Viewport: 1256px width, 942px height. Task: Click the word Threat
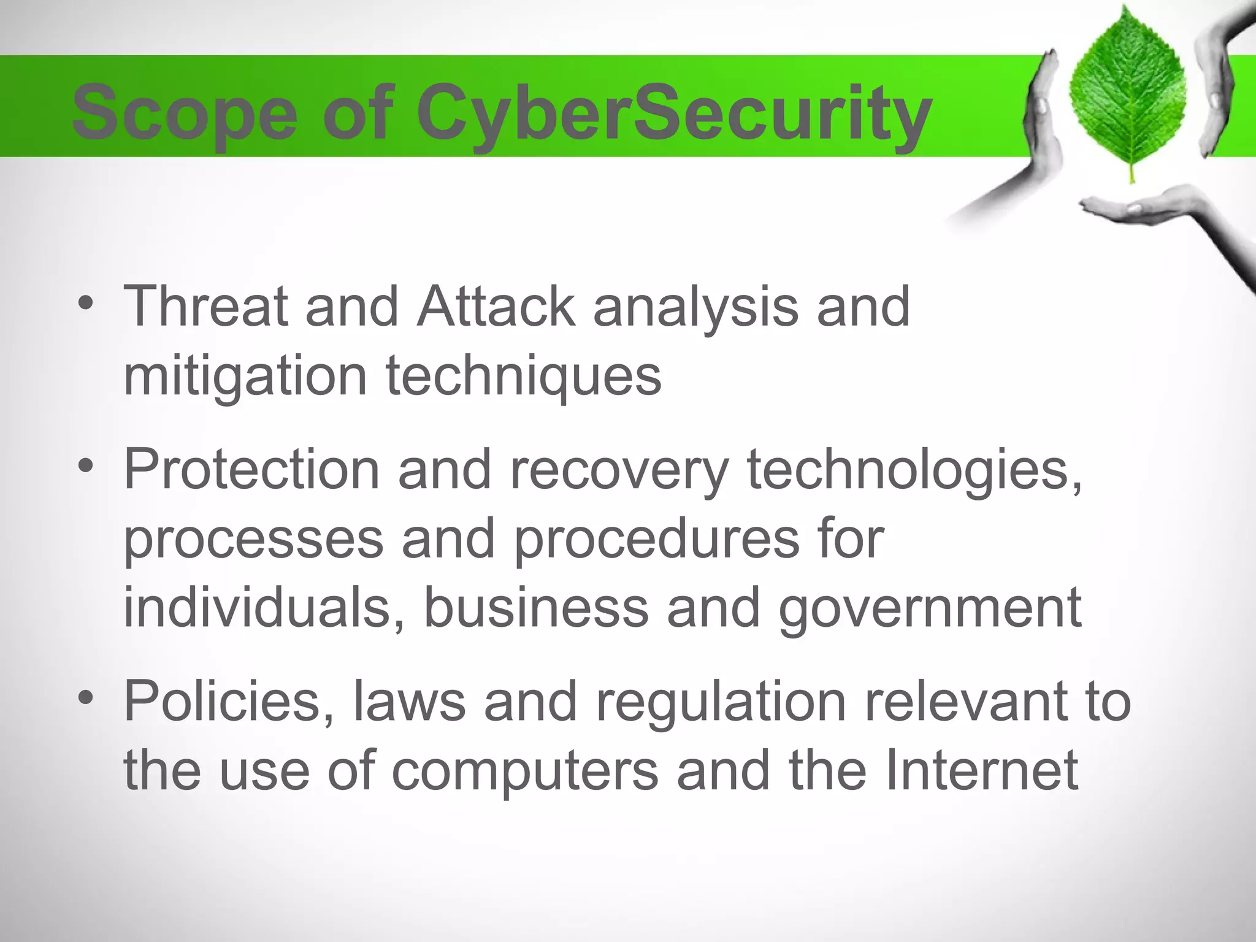pos(205,306)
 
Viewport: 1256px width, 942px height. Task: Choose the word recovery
pos(619,470)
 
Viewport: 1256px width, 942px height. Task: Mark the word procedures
pos(656,540)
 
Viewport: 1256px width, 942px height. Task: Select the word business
pos(536,607)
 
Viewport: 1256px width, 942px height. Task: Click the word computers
pos(525,770)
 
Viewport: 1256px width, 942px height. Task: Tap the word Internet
pos(981,770)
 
